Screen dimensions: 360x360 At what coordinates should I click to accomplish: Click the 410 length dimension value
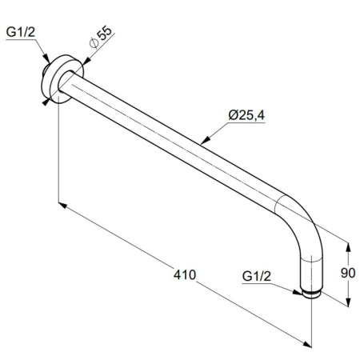click(185, 274)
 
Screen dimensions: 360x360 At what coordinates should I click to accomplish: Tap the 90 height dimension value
click(348, 273)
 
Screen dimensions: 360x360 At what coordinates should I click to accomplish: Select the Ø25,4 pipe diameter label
click(246, 115)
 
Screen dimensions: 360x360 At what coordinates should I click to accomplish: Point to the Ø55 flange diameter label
click(101, 38)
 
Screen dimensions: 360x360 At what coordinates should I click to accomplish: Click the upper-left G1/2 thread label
click(21, 32)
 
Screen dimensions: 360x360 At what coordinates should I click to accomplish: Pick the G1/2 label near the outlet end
click(257, 276)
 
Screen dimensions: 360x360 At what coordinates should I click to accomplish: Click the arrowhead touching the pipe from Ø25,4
click(205, 141)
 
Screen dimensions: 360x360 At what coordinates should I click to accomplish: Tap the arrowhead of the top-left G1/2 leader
click(47, 59)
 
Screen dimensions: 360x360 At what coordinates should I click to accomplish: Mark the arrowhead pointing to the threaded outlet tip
click(298, 292)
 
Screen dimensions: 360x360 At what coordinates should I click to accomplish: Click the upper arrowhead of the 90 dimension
click(348, 247)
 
